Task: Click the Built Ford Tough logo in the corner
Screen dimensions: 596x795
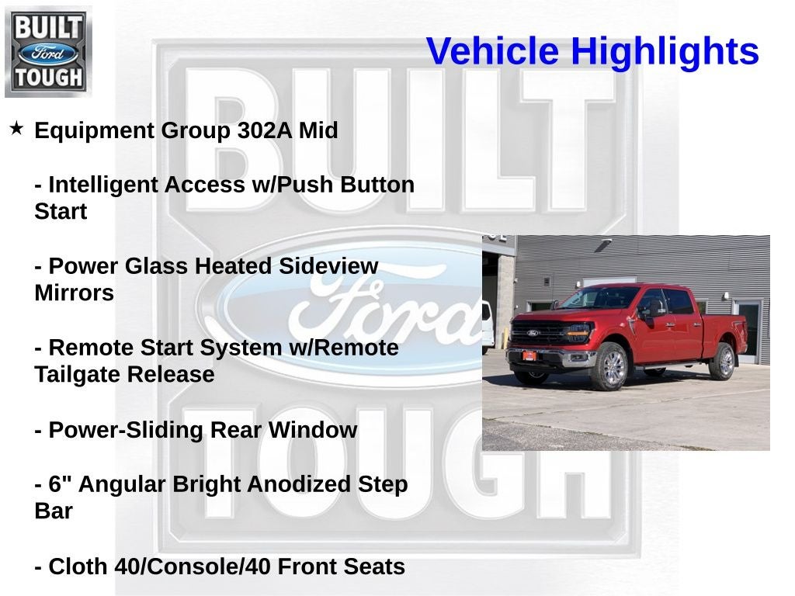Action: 48,51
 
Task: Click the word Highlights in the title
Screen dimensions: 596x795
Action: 665,52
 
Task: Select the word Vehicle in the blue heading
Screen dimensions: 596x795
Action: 492,52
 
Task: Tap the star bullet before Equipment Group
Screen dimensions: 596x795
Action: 16,128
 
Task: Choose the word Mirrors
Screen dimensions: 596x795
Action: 74,293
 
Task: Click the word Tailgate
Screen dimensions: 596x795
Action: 78,375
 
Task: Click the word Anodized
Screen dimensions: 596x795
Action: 284,484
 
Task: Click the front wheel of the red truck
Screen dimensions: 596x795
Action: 610,367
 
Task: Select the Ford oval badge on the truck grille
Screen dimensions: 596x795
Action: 533,333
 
